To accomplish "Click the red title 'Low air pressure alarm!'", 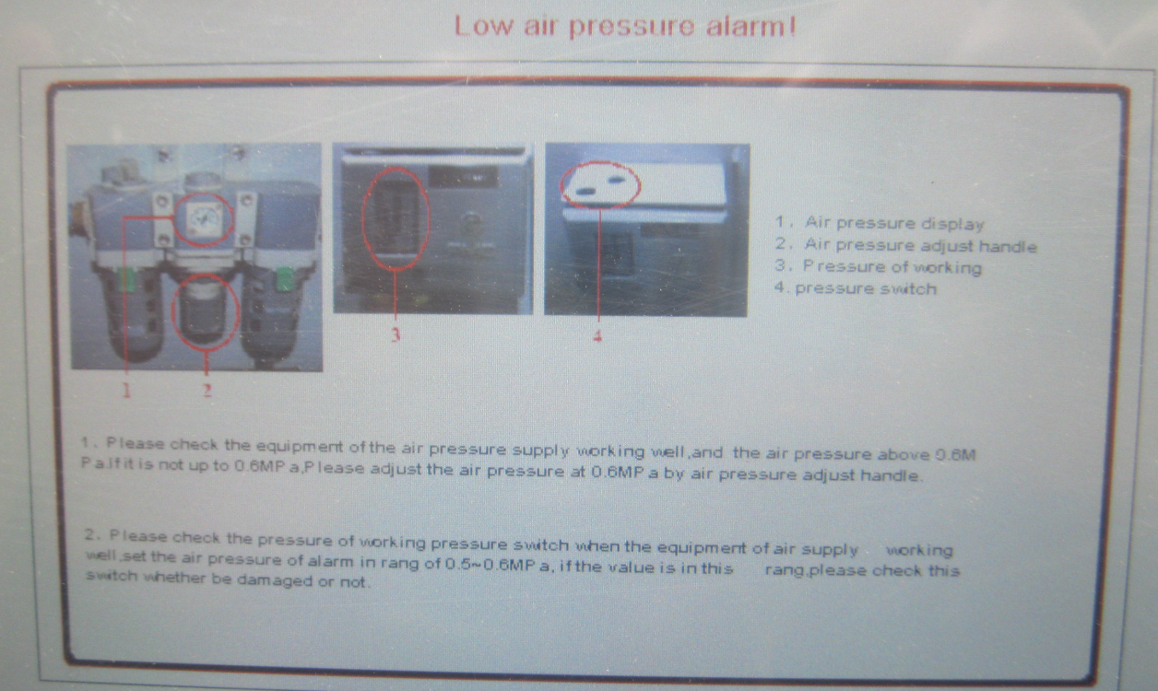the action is (x=625, y=27).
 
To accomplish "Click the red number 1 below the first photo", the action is (x=126, y=390).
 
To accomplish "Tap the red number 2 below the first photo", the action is (x=207, y=390).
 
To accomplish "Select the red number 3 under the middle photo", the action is (x=396, y=335).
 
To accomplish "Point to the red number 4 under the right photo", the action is (x=597, y=336).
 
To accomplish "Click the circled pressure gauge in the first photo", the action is (x=203, y=219).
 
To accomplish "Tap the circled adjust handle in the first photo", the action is (x=206, y=311).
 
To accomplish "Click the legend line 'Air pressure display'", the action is (x=880, y=223).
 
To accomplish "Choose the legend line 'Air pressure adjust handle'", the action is (x=906, y=245).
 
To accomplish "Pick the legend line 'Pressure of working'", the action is (x=878, y=266).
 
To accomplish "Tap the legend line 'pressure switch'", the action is (x=856, y=288).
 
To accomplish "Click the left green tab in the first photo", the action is (x=126, y=279).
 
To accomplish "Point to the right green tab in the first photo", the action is (x=284, y=278).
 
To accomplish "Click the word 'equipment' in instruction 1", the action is (x=299, y=446).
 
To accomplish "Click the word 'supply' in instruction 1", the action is (x=541, y=451).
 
